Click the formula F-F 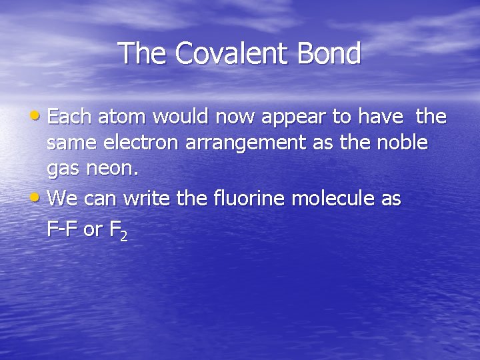coord(63,229)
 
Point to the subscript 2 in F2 coord(124,237)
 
